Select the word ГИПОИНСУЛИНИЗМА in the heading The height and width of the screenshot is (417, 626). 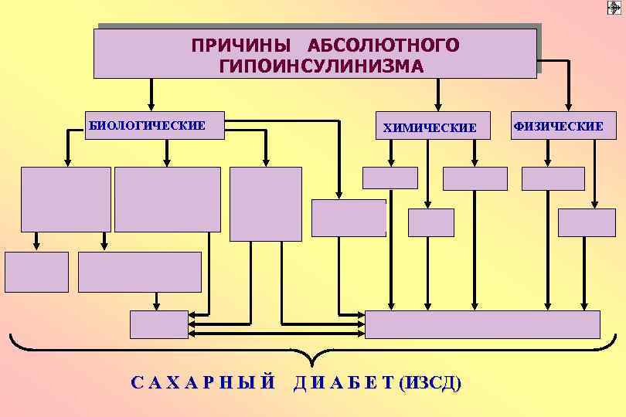click(321, 66)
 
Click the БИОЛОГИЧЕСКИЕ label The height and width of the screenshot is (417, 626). click(148, 125)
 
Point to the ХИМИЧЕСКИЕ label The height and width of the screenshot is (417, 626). click(430, 127)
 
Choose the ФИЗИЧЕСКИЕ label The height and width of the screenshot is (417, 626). click(557, 125)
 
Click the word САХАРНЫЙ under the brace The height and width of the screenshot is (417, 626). click(202, 382)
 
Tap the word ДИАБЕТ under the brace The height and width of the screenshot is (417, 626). click(342, 382)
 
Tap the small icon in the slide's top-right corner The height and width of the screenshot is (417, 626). click(615, 7)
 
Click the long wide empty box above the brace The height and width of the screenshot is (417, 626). click(482, 324)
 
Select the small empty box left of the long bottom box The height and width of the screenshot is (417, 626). click(158, 324)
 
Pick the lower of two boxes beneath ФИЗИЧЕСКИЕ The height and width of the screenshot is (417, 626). click(587, 222)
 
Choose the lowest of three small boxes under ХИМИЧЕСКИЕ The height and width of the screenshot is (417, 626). click(430, 222)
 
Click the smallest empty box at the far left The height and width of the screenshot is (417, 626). click(36, 271)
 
